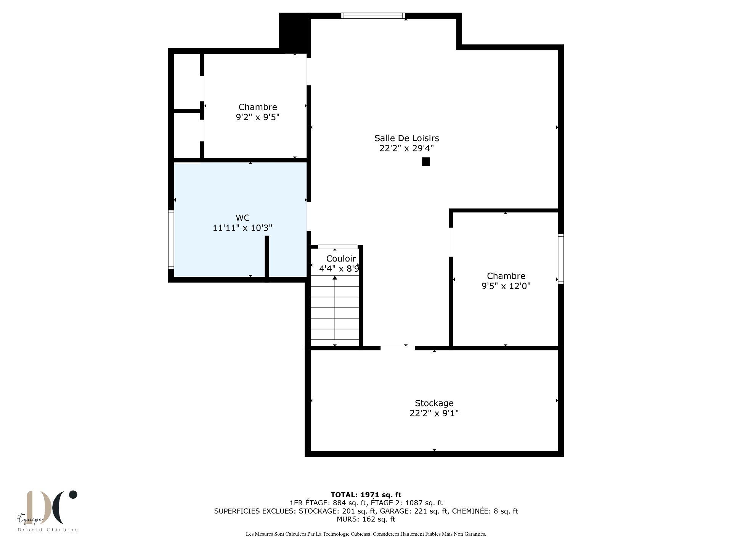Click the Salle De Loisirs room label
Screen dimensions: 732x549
406,138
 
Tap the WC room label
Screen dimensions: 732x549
242,218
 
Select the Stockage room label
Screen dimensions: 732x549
434,403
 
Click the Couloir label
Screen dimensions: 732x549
341,259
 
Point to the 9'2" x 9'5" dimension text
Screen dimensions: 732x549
258,117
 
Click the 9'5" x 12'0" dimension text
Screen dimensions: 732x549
506,286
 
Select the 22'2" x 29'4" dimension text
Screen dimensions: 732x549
406,148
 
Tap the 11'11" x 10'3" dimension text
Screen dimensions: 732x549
242,228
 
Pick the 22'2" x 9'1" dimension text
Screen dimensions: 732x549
434,413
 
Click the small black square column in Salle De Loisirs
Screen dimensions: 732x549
426,162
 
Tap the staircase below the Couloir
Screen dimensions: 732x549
335,313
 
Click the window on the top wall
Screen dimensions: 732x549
372,16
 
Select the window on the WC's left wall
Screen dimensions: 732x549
171,239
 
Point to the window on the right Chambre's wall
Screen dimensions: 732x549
561,259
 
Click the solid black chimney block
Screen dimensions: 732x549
294,33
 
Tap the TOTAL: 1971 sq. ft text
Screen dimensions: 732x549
366,495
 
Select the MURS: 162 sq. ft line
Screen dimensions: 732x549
366,519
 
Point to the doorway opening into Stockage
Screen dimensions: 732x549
397,348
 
